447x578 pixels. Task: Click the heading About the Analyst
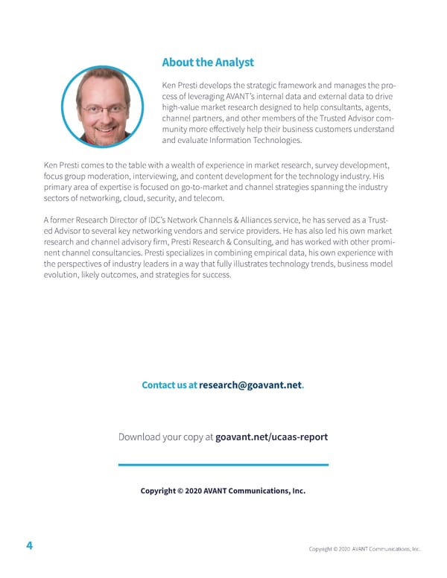click(x=208, y=63)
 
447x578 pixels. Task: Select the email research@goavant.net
click(x=251, y=385)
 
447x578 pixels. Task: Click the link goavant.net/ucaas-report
click(x=271, y=436)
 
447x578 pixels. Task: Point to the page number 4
click(x=29, y=546)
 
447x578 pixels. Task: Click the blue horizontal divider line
click(x=223, y=465)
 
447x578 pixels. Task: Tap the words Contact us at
click(x=169, y=385)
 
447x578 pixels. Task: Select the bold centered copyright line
click(x=223, y=491)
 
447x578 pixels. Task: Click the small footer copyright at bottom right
click(x=365, y=550)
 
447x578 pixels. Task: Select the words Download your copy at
click(x=165, y=436)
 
